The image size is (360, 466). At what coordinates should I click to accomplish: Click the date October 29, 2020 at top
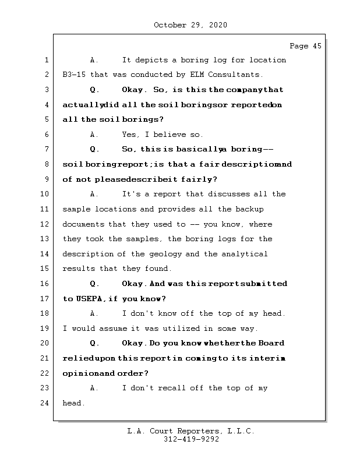coord(190,25)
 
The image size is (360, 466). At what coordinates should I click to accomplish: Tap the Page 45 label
coord(305,46)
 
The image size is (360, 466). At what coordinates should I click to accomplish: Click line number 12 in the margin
coord(44,224)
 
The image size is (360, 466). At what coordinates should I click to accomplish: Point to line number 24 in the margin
coord(44,403)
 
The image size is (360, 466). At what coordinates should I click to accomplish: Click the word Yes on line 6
coord(130,135)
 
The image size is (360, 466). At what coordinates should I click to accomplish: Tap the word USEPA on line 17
coord(89,299)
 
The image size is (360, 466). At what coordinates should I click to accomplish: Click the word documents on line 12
coord(83,224)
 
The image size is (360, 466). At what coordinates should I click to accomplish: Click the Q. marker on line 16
coord(95,284)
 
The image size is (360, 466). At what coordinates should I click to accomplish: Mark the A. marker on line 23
coord(95,388)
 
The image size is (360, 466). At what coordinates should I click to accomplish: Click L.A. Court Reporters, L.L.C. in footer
coord(190,431)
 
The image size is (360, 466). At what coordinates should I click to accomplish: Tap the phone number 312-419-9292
coord(190,440)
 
